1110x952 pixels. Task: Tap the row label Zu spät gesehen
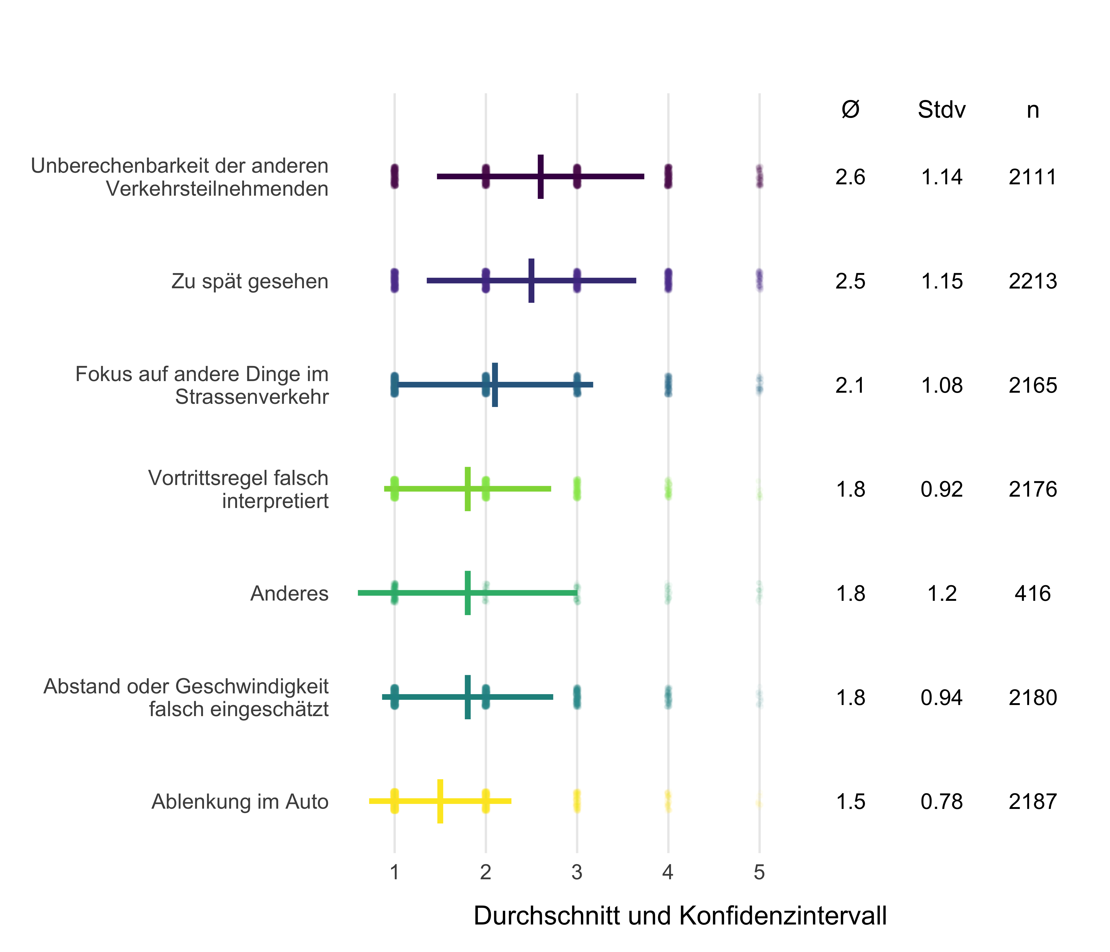coord(250,281)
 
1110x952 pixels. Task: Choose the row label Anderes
coord(289,593)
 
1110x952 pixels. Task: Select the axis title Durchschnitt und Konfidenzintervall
coord(680,916)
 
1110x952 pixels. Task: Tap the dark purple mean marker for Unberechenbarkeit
coord(540,177)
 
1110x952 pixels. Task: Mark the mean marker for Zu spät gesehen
coord(531,281)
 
